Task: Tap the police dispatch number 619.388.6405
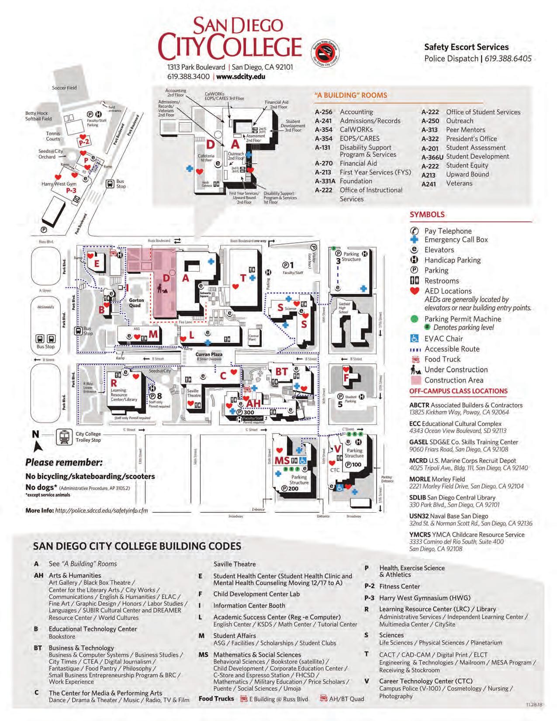pyautogui.click(x=508, y=59)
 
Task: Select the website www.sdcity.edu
pyautogui.click(x=241, y=76)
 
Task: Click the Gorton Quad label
pyautogui.click(x=136, y=303)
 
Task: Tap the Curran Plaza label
pyautogui.click(x=209, y=355)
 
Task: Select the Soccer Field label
pyautogui.click(x=64, y=88)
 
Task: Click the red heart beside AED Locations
pyautogui.click(x=415, y=291)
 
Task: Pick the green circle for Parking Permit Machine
pyautogui.click(x=415, y=319)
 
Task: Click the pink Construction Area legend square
pyautogui.click(x=415, y=380)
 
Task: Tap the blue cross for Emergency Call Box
pyautogui.click(x=415, y=239)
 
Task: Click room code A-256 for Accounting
pyautogui.click(x=323, y=112)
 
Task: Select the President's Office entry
pyautogui.click(x=471, y=139)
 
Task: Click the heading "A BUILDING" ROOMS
pyautogui.click(x=350, y=95)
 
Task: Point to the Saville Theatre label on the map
pyautogui.click(x=193, y=393)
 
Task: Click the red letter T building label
pyautogui.click(x=243, y=278)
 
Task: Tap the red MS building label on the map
pyautogui.click(x=282, y=460)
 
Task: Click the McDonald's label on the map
pyautogui.click(x=45, y=307)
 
